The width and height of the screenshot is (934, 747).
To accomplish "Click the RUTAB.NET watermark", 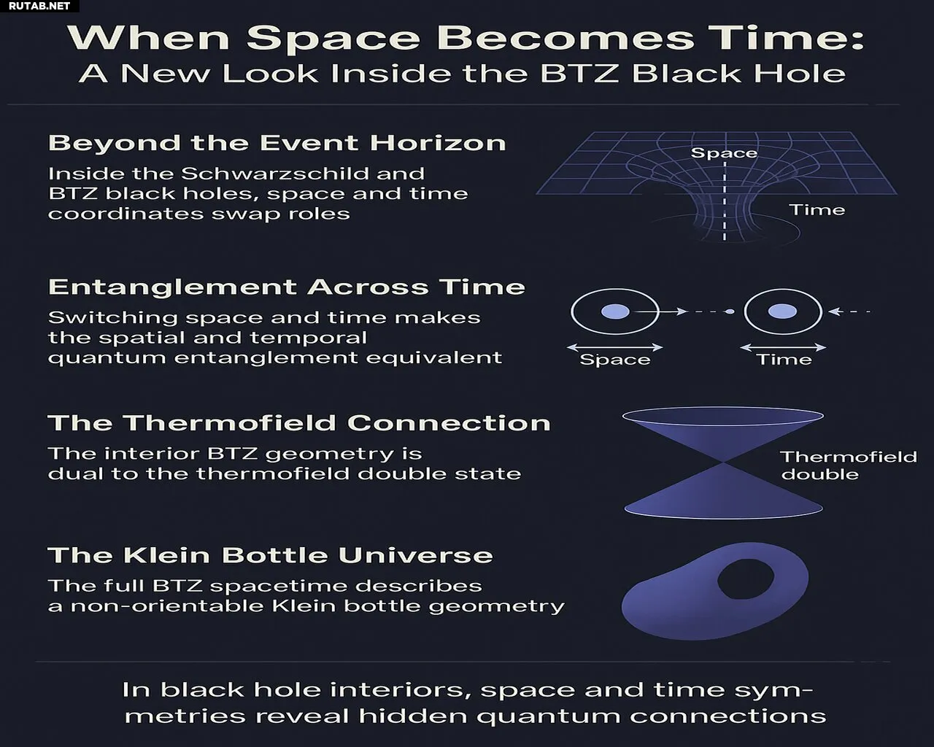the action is pos(39,6).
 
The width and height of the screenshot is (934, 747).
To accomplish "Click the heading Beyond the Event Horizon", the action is pos(277,143).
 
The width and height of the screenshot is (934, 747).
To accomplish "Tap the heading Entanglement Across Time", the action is pos(287,287).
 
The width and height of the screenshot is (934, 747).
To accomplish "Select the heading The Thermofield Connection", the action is pos(299,423).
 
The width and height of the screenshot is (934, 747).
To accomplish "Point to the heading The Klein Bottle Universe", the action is pos(271,555).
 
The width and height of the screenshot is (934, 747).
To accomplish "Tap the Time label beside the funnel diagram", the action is pos(817,210).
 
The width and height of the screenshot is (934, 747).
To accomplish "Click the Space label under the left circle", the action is pos(615,360).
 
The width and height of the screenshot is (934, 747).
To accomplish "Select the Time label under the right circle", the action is pos(784,360).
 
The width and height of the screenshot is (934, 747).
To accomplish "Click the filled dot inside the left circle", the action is pos(615,311).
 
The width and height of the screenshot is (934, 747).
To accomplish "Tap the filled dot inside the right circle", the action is pos(782,311).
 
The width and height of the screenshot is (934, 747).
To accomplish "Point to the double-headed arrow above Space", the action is pos(615,347).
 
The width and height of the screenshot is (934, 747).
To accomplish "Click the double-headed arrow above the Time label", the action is pos(783,347).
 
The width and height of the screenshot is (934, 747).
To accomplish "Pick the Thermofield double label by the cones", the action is pos(849,465).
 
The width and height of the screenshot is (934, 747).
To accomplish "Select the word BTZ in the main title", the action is pos(579,74).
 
